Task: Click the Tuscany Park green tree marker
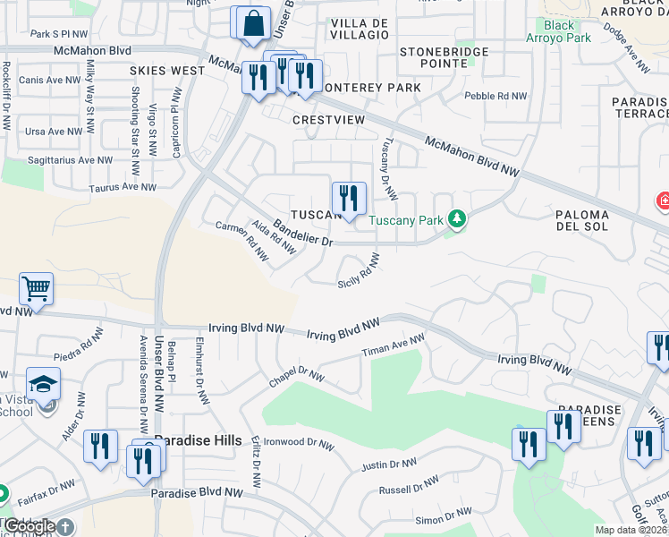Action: click(456, 218)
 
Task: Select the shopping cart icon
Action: click(37, 289)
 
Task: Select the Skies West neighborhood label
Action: click(167, 70)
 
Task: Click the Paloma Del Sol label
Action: click(582, 220)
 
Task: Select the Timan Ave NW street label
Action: click(393, 346)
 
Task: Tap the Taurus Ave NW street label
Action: click(123, 188)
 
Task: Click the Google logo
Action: click(31, 526)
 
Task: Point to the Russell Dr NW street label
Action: click(408, 486)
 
